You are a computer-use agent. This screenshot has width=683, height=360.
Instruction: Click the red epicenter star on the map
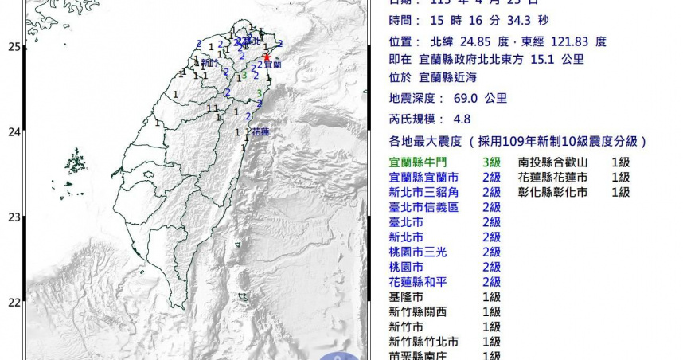click(x=267, y=56)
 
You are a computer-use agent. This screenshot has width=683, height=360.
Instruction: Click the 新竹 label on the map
click(x=209, y=62)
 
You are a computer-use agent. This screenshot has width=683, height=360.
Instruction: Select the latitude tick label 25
click(x=13, y=47)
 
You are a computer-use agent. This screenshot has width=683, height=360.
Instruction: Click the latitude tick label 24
click(x=13, y=132)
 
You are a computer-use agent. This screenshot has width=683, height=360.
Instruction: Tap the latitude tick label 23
click(x=13, y=217)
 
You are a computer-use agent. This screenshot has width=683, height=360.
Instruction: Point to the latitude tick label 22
click(x=13, y=303)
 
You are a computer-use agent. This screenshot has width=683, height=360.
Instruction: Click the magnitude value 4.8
click(x=461, y=119)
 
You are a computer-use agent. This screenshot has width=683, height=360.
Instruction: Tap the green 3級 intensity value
click(x=491, y=162)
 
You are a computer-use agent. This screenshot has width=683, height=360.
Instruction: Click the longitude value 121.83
click(x=571, y=41)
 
